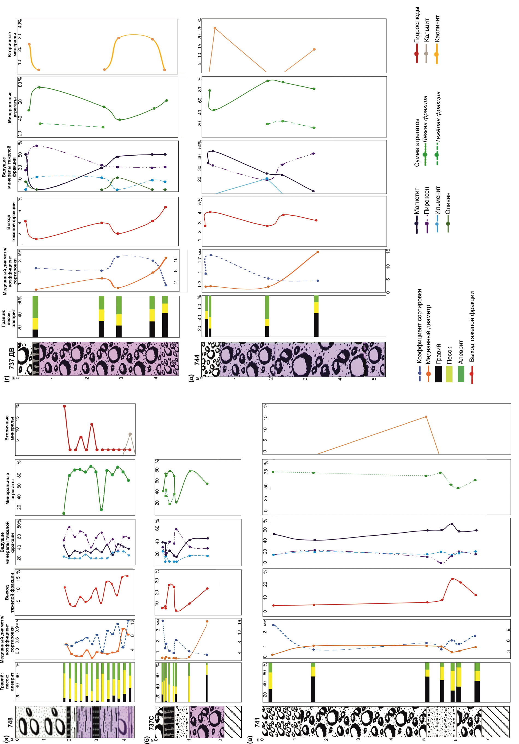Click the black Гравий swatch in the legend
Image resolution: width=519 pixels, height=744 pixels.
(x=438, y=374)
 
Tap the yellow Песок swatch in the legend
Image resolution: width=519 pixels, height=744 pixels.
(x=449, y=374)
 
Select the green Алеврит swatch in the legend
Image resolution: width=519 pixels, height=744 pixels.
(x=461, y=374)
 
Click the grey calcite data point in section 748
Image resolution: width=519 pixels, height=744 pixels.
(x=130, y=434)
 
